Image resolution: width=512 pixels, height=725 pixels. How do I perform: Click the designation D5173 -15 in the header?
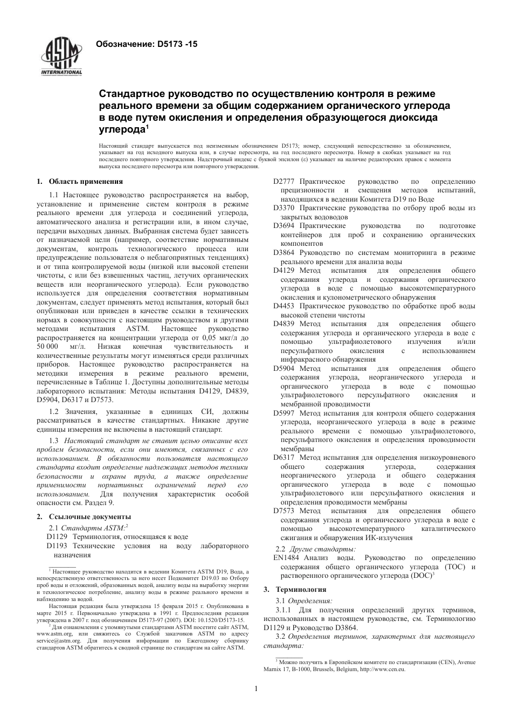(146, 45)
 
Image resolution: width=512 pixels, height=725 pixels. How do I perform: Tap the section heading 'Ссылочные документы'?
(89, 516)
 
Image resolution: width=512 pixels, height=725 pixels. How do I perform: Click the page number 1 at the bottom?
(257, 688)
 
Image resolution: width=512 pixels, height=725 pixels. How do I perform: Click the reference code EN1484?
(286, 558)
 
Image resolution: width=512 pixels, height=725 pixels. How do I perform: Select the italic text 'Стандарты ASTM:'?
(93, 528)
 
